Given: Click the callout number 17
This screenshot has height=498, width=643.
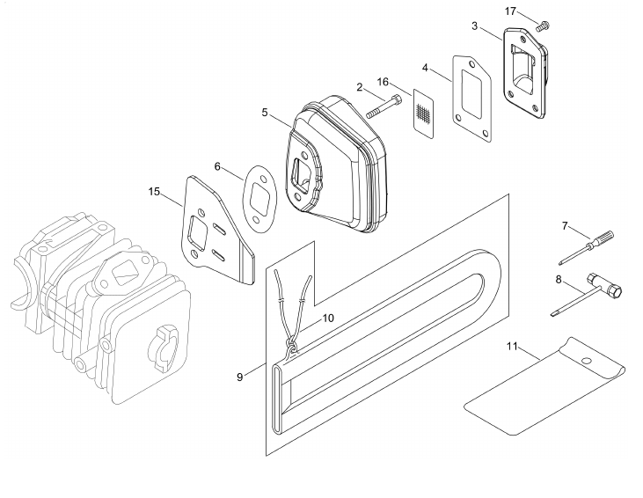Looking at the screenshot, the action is (510, 11).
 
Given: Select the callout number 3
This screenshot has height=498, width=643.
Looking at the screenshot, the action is (474, 26).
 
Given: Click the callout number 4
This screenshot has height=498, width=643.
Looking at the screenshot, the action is (425, 68).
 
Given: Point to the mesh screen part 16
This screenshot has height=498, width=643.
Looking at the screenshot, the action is (423, 114).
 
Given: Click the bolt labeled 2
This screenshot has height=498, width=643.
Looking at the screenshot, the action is (383, 106).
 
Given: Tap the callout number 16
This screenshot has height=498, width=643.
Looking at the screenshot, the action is (383, 82).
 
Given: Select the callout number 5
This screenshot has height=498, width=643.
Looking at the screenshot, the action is (265, 113).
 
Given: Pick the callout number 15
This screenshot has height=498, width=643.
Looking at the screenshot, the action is (154, 192).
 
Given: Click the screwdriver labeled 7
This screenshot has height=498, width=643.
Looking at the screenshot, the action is (587, 248).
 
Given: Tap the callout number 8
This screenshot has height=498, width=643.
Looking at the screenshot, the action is (558, 280).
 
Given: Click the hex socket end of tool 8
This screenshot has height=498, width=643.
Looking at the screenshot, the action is (615, 291).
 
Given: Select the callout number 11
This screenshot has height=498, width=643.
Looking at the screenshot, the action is (512, 347).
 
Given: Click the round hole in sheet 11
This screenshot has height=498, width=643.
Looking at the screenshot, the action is (587, 361).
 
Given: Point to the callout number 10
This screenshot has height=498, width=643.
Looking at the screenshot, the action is (328, 318).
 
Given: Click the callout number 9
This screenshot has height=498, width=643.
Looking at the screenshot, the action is (240, 377).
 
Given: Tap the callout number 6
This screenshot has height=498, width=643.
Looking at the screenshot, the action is (217, 166).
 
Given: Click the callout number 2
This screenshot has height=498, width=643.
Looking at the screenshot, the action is (360, 87).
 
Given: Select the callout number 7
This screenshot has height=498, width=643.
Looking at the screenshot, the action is (565, 225).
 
